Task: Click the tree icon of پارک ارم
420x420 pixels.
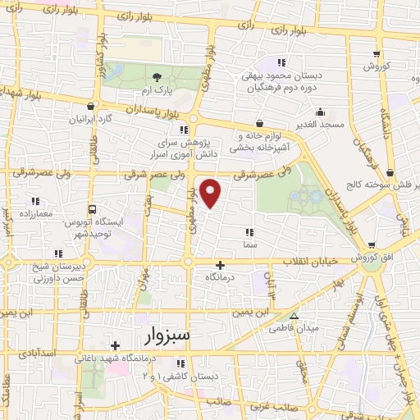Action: point(157,75)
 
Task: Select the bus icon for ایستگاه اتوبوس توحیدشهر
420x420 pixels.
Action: point(92,209)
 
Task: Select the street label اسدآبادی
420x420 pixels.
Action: point(35,352)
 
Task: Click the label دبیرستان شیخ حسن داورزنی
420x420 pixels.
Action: point(58,273)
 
